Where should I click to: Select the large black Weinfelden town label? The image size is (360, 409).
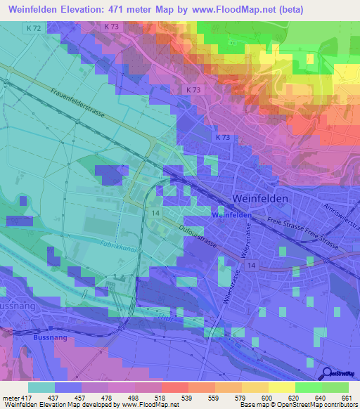click(260, 199)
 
